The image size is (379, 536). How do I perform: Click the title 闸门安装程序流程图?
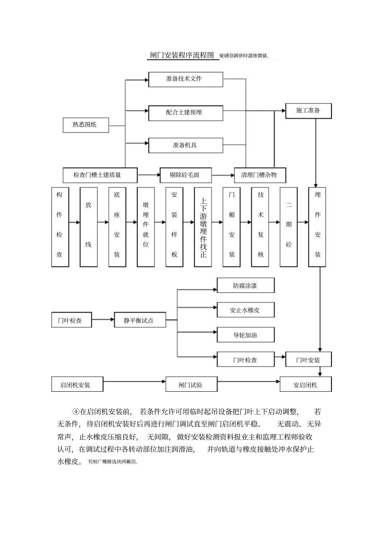click(x=182, y=55)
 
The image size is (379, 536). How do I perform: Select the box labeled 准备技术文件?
click(x=186, y=79)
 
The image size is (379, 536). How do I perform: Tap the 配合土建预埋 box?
click(x=186, y=113)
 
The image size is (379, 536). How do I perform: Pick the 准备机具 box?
click(x=186, y=145)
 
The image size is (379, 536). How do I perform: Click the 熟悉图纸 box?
click(x=85, y=125)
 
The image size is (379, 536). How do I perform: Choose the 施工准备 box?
click(x=308, y=110)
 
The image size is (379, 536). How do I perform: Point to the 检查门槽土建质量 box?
click(x=100, y=175)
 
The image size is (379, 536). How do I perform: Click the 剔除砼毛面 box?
click(x=186, y=175)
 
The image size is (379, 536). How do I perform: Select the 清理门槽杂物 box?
click(x=260, y=175)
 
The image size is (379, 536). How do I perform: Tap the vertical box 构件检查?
click(x=60, y=227)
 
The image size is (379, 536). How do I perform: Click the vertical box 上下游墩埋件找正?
click(x=203, y=227)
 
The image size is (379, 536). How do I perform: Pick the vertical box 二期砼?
click(x=288, y=227)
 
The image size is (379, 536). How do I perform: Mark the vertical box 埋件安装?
click(x=317, y=227)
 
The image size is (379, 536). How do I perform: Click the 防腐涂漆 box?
click(x=245, y=286)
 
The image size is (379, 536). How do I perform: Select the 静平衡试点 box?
click(x=140, y=320)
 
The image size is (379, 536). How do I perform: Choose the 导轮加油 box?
click(x=245, y=335)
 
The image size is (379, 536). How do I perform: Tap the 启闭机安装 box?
click(x=77, y=385)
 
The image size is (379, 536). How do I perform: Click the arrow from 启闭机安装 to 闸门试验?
click(x=134, y=382)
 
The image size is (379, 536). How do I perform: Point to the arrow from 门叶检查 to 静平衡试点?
click(x=103, y=319)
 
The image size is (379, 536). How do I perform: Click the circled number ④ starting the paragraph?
click(x=76, y=412)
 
